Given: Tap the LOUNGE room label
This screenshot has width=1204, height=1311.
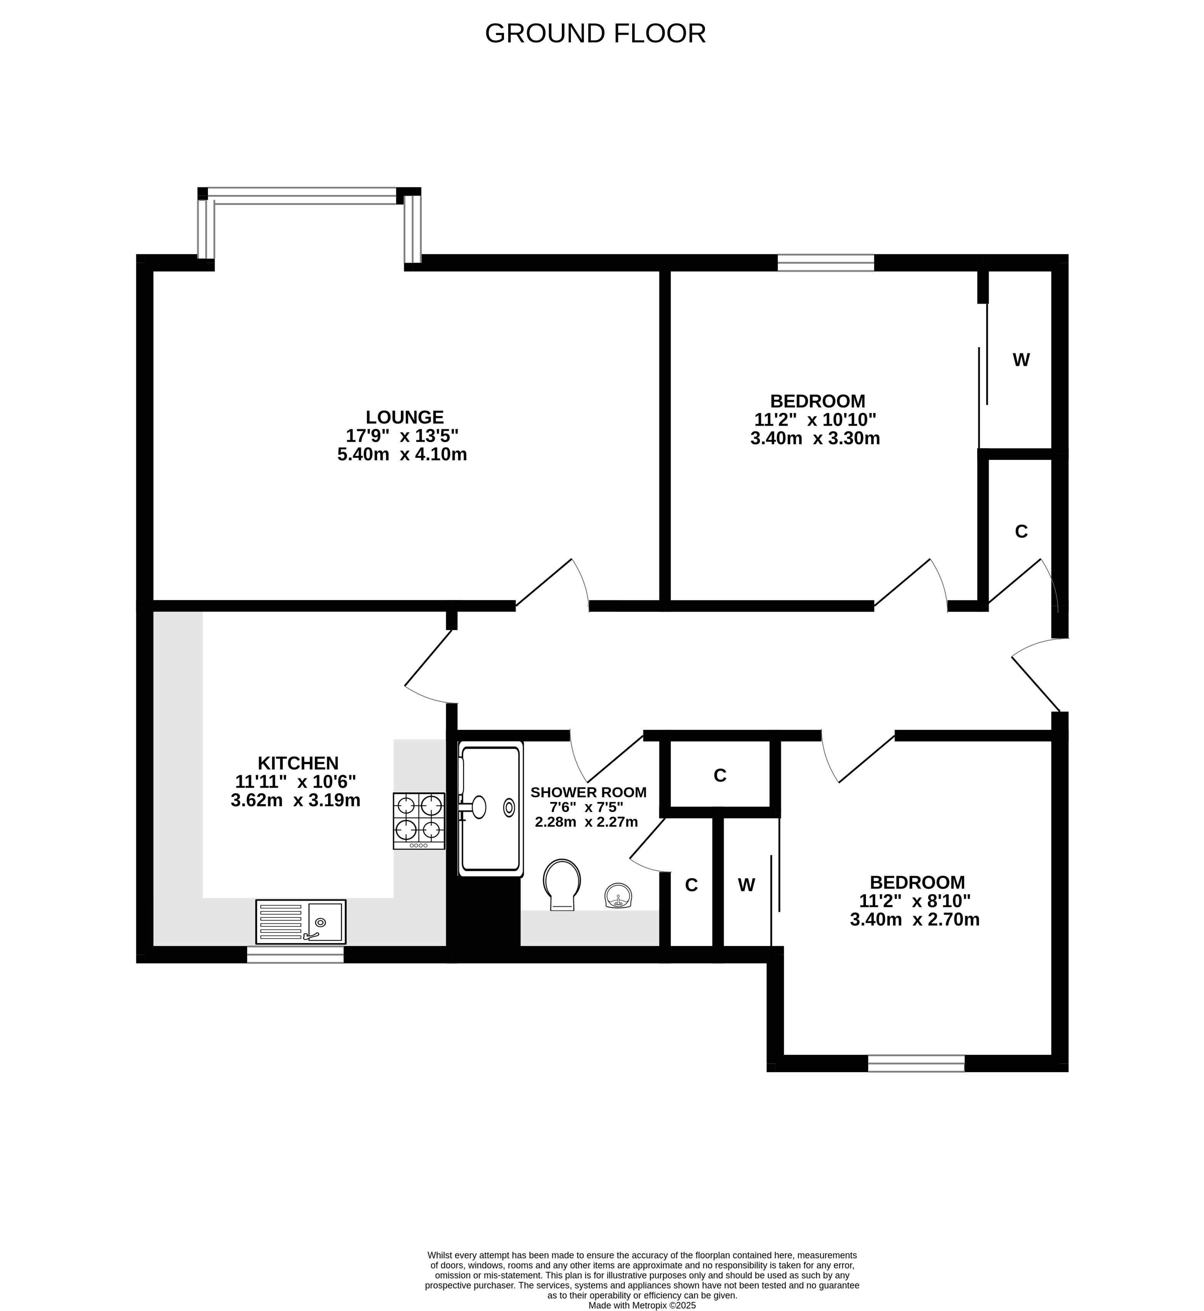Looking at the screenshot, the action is [x=405, y=417].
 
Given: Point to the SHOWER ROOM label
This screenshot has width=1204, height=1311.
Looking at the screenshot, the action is [x=588, y=792].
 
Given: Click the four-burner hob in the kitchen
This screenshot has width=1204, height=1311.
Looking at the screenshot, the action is [x=419, y=821].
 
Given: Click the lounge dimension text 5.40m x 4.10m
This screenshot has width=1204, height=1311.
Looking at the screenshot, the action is [x=402, y=454].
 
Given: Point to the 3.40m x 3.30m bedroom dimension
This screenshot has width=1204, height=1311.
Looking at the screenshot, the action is [x=815, y=438].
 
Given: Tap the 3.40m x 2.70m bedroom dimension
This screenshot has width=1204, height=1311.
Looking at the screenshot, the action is [x=915, y=919].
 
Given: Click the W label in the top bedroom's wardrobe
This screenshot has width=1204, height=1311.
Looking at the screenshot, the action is [x=1021, y=360].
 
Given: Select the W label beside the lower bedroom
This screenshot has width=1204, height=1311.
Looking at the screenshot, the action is [x=747, y=885].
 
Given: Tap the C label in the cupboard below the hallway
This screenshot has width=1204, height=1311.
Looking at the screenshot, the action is [x=720, y=775].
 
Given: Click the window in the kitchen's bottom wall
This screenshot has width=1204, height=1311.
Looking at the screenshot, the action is [x=295, y=955].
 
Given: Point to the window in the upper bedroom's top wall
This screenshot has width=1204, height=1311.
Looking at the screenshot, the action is [x=826, y=263].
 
